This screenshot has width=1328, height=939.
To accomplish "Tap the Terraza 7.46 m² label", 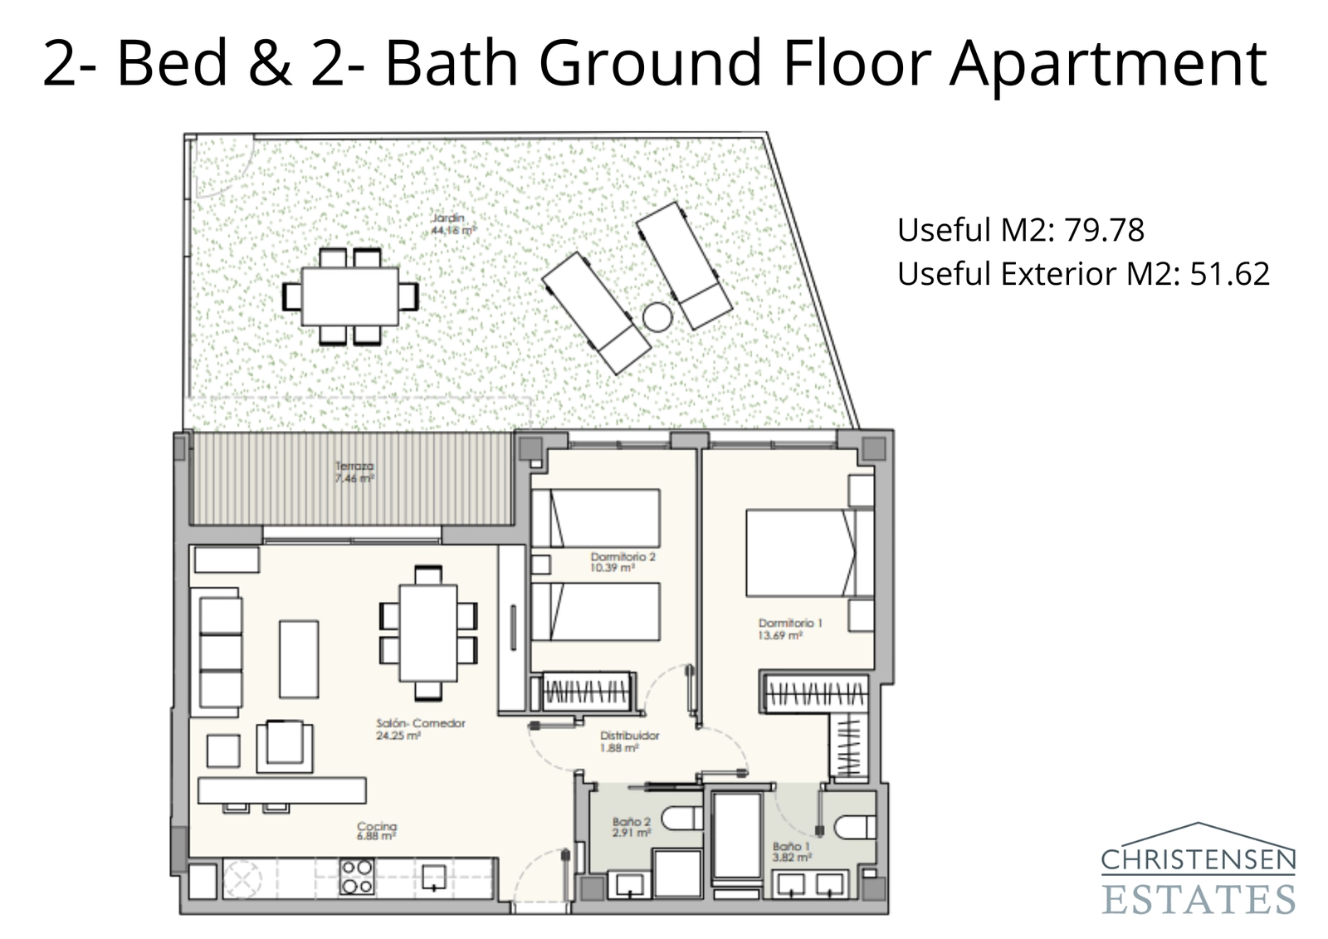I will click(x=354, y=472).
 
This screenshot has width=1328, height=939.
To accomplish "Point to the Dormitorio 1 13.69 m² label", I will click(x=779, y=628).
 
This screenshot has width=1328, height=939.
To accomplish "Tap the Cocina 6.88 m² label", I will click(x=377, y=831).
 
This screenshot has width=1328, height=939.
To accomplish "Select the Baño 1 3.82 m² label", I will click(x=791, y=850).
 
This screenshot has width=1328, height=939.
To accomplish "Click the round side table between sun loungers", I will click(x=657, y=316).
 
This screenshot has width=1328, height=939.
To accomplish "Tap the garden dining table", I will click(x=349, y=296).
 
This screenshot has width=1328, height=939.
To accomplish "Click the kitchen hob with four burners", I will click(x=357, y=877).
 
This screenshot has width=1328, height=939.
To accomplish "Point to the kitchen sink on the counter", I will click(x=434, y=877).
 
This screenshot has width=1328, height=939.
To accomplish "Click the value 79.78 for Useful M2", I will click(x=1104, y=230).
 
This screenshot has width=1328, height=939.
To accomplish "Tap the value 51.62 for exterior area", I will click(x=1229, y=274).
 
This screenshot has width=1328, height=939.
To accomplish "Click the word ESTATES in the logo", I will click(x=1198, y=899).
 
